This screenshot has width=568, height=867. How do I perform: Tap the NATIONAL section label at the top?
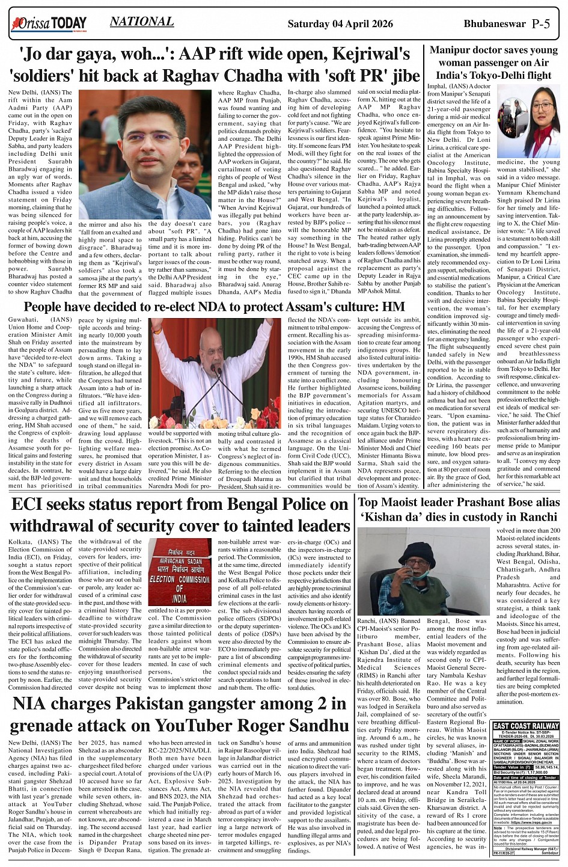[142, 22]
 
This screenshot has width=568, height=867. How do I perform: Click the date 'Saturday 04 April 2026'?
[340, 24]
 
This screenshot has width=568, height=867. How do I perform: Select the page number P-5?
[545, 24]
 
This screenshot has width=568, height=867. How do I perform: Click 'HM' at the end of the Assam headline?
[394, 307]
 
